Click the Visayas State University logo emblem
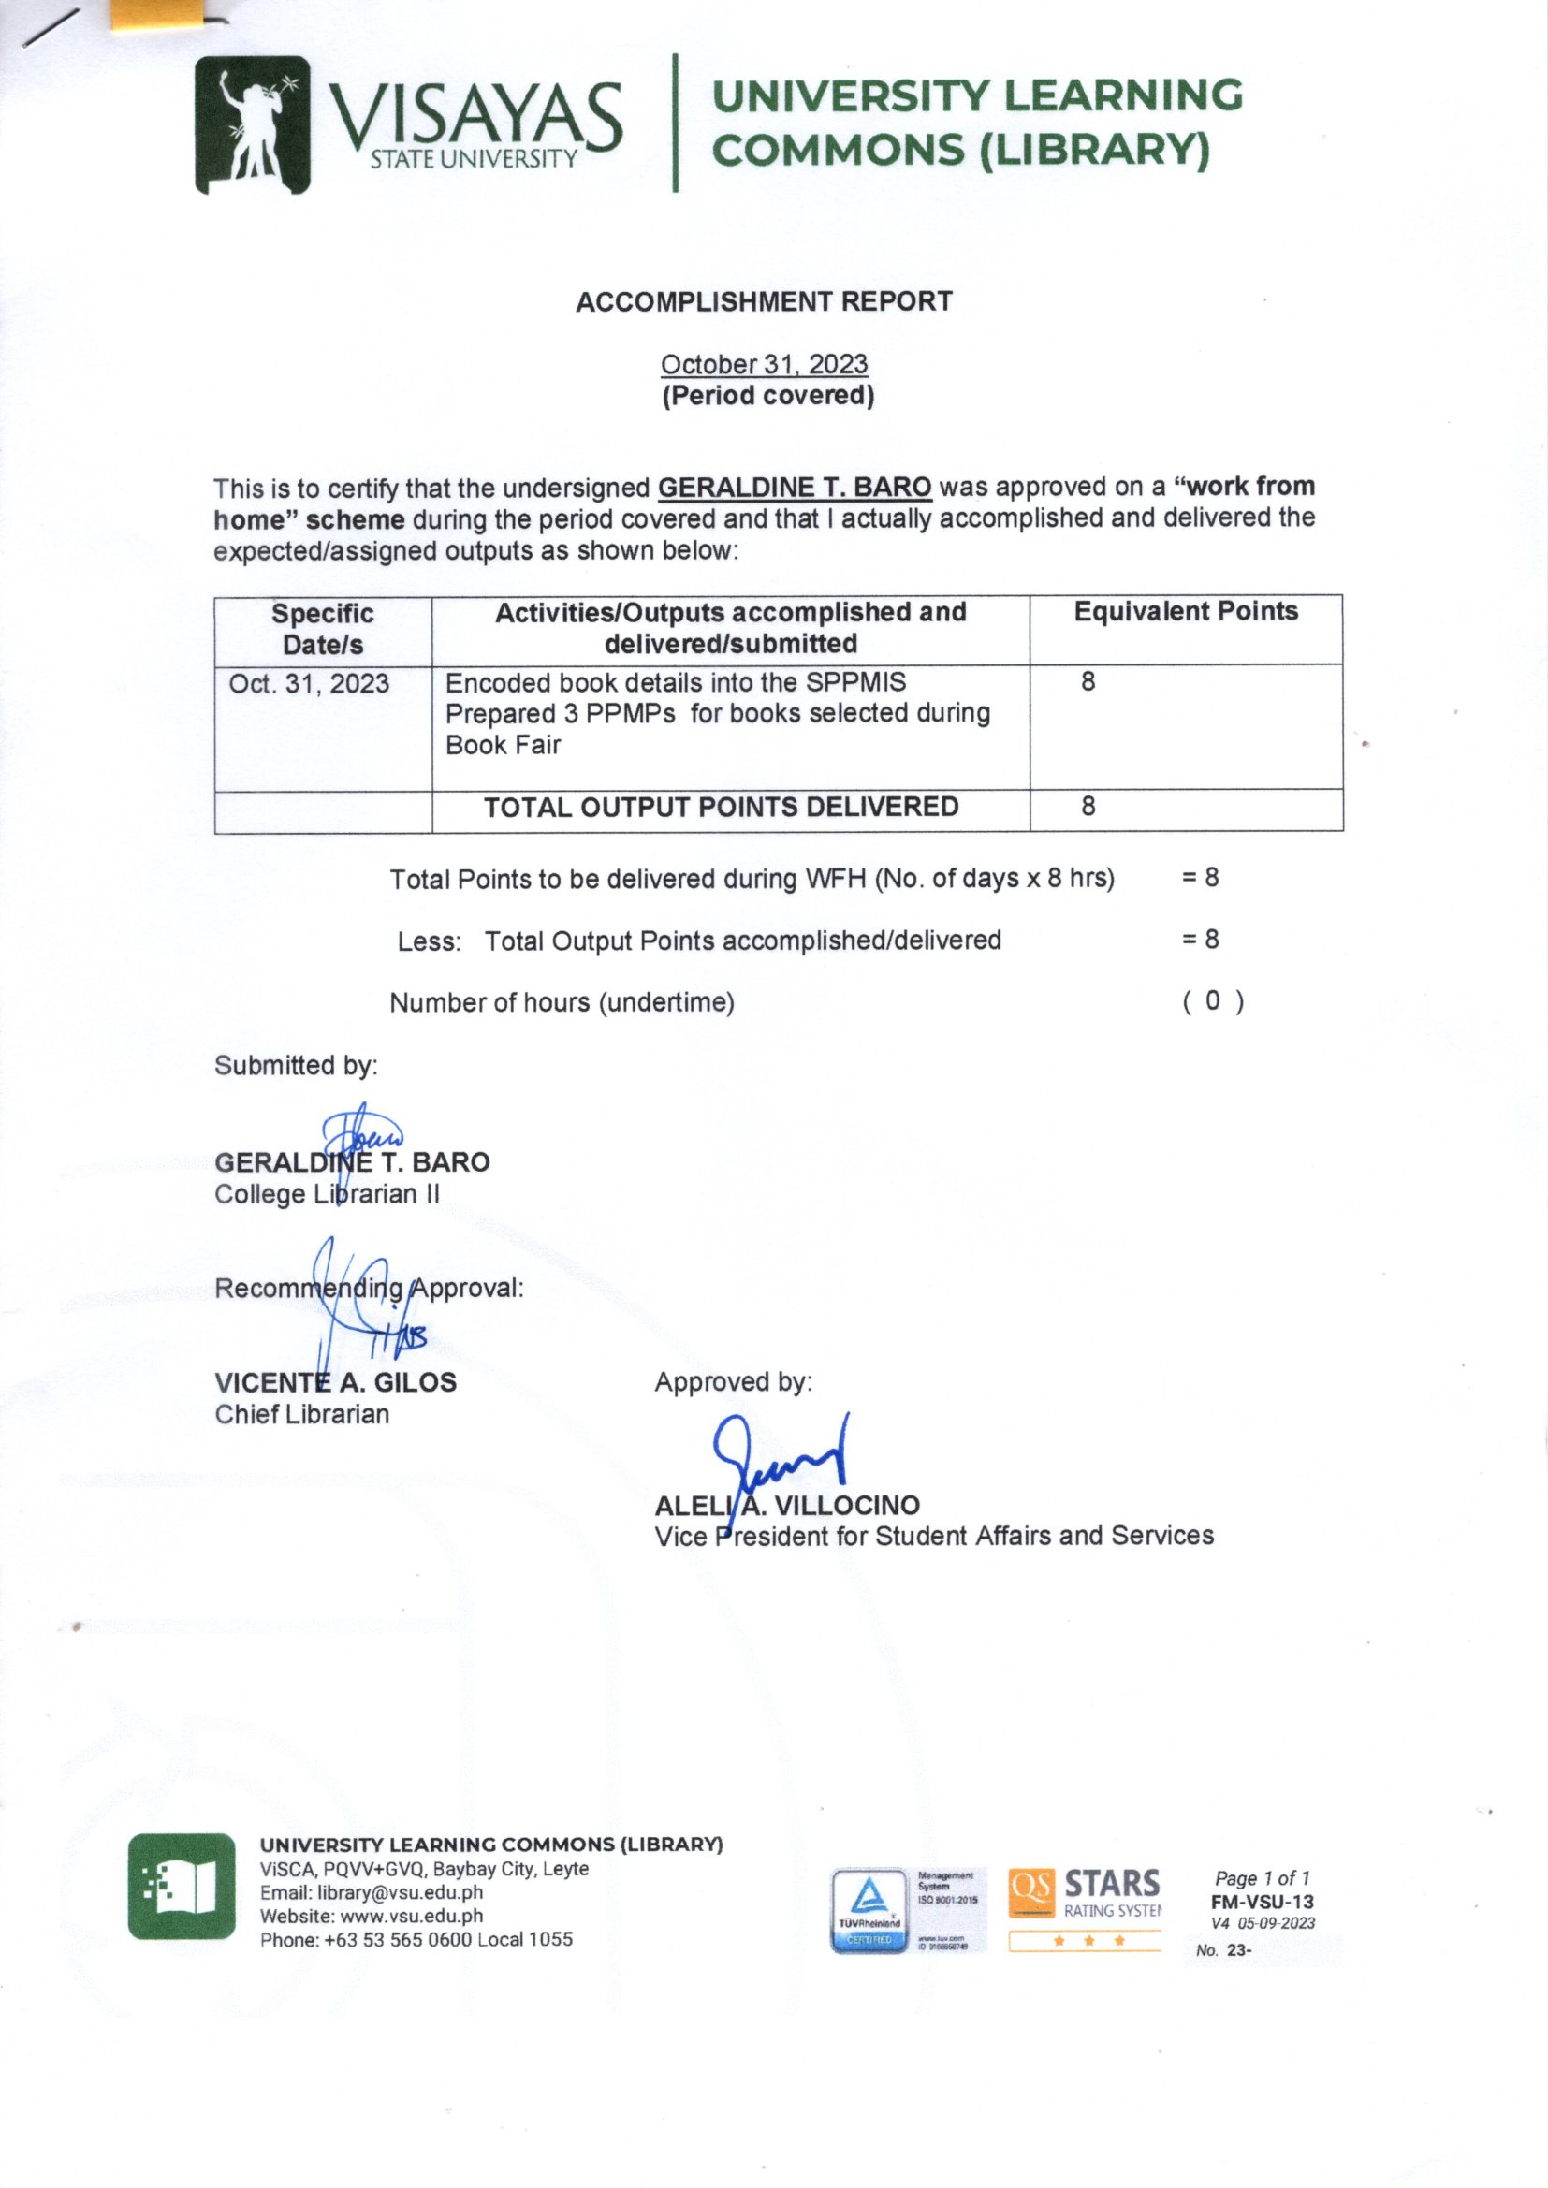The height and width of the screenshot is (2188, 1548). pos(252,124)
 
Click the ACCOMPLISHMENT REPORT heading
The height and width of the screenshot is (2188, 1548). pos(764,302)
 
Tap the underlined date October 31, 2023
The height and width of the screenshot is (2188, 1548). pos(764,365)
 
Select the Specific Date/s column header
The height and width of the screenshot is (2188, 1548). pos(322,629)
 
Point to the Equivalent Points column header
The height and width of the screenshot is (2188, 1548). pos(1185,612)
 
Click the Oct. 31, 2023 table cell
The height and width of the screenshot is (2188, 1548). pos(309,684)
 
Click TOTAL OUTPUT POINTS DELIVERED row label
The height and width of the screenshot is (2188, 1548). pos(721,807)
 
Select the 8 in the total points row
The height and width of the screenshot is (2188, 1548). pos(1088,807)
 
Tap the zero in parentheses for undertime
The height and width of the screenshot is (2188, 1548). pos(1211,1000)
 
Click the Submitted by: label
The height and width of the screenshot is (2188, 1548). pos(296,1065)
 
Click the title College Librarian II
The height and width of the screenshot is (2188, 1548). pos(327,1194)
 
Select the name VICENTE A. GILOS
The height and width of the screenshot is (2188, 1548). pos(336,1383)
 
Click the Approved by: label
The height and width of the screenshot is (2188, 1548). pos(733,1382)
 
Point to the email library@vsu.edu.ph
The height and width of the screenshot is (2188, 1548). pos(400,1892)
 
